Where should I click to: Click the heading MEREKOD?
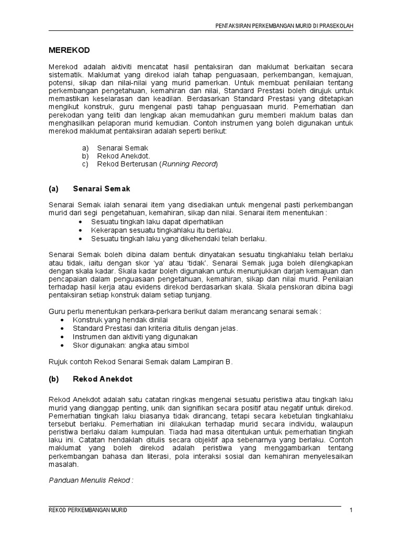(69, 50)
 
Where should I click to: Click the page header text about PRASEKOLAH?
(284, 26)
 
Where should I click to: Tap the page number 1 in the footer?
(351, 510)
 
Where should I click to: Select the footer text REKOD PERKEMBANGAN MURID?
(87, 510)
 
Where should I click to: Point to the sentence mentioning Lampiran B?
(140, 361)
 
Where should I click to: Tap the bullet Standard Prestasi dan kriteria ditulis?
(155, 328)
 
